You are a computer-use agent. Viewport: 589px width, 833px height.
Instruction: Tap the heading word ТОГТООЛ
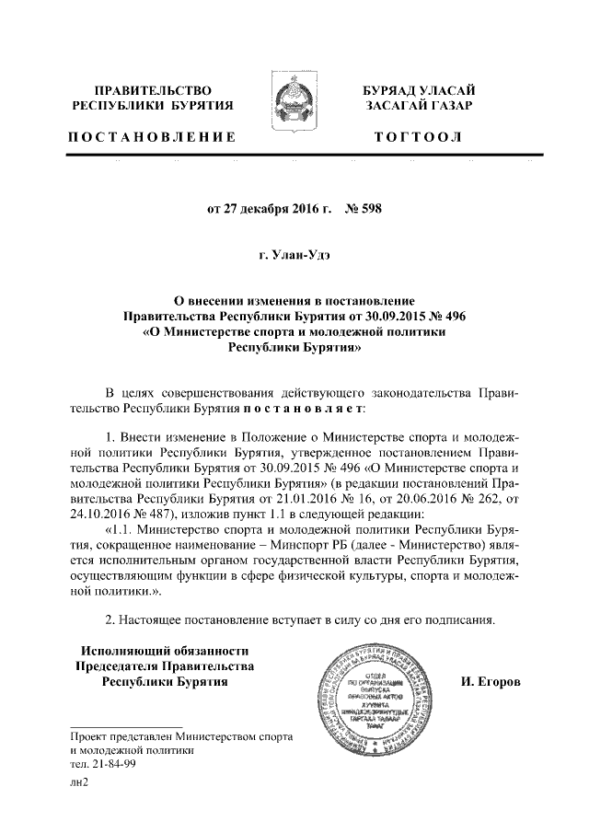click(419, 137)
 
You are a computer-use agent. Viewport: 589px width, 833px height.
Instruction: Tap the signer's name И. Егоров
click(490, 683)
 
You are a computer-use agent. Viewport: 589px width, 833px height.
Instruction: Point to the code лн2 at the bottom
click(78, 781)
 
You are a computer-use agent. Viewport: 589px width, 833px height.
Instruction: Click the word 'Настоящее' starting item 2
click(156, 618)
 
